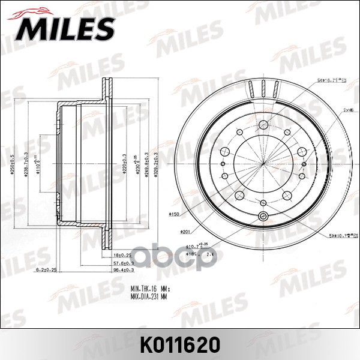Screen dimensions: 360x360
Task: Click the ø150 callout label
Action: coord(176,214)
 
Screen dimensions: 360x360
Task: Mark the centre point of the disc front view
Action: coord(263,163)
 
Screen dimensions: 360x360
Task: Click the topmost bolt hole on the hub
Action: coord(263,125)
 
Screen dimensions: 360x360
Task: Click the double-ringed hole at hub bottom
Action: coord(263,218)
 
